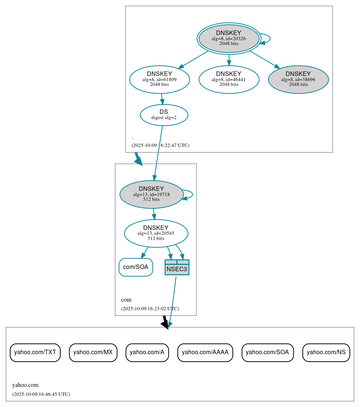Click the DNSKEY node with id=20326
229,38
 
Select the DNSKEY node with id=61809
160,79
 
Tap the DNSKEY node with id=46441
229,79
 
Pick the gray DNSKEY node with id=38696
298,79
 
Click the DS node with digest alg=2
164,115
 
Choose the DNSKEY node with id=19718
151,194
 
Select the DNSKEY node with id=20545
156,233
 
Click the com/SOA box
136,267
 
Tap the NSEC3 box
177,267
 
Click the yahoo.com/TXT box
35,352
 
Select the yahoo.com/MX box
93,352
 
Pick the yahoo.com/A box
147,352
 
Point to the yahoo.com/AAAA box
205,352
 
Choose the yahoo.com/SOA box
267,352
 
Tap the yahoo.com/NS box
326,352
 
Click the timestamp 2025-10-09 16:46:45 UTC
41,394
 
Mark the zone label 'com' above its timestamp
126,300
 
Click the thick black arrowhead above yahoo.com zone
165,324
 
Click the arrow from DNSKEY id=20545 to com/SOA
145,252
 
